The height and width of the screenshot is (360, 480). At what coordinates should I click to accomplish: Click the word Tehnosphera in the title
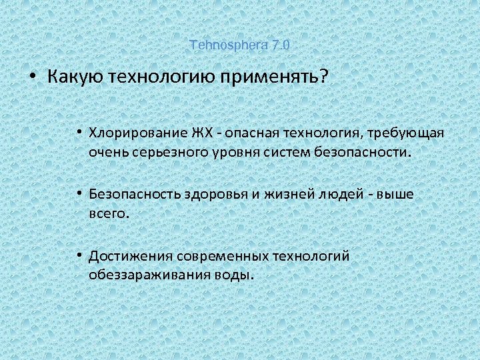228,45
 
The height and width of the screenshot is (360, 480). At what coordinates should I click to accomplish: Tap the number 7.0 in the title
280,45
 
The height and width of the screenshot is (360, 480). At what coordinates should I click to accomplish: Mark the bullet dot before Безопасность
79,194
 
